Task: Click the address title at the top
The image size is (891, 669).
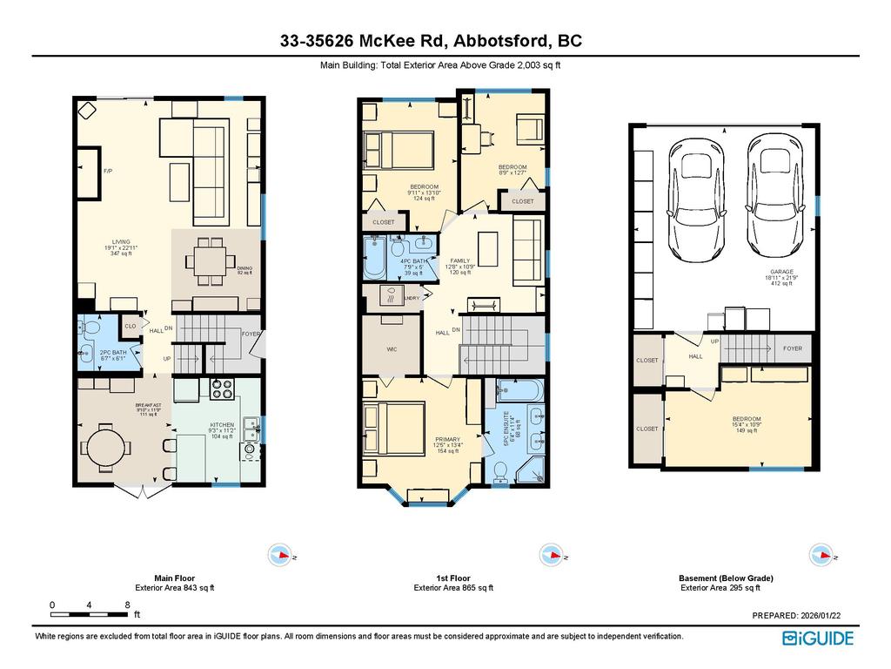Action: point(431,41)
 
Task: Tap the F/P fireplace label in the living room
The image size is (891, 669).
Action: point(109,172)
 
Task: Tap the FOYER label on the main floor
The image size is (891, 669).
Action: point(251,334)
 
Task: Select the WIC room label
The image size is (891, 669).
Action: point(392,349)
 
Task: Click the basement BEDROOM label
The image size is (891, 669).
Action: point(746,419)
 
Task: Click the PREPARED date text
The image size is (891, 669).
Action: point(796,615)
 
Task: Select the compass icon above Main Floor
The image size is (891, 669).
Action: point(280,554)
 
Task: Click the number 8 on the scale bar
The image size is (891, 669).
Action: point(127,605)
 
